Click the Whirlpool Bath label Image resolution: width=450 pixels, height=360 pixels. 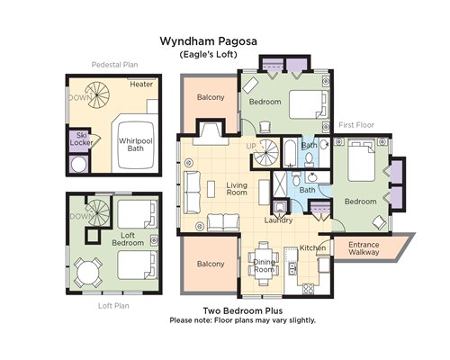[x=136, y=145]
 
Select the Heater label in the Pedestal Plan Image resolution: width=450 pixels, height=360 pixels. [x=141, y=85]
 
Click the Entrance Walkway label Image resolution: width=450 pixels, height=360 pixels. [x=364, y=248]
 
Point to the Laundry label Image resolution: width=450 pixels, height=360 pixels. [x=278, y=220]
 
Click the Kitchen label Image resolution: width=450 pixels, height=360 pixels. [x=312, y=247]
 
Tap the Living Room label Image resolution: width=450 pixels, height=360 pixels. [x=237, y=189]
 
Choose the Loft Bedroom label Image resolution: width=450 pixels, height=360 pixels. [x=128, y=239]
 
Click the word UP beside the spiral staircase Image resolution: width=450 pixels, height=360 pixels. [x=251, y=146]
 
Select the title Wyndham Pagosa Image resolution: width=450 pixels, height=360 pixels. [x=208, y=41]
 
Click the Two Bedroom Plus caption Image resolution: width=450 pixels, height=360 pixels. [x=243, y=310]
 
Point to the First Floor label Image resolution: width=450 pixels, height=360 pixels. [x=356, y=125]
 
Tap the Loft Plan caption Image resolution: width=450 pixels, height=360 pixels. [x=113, y=306]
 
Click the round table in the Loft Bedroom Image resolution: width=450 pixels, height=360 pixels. [x=88, y=273]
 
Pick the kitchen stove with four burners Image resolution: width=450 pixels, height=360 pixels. [x=308, y=289]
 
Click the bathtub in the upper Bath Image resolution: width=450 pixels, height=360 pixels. [x=290, y=153]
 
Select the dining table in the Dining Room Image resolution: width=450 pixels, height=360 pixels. [x=264, y=263]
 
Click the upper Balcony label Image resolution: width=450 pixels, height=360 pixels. [x=211, y=97]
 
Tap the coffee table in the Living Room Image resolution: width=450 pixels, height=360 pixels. [x=211, y=189]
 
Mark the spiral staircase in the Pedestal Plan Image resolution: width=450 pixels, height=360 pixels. [x=97, y=95]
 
